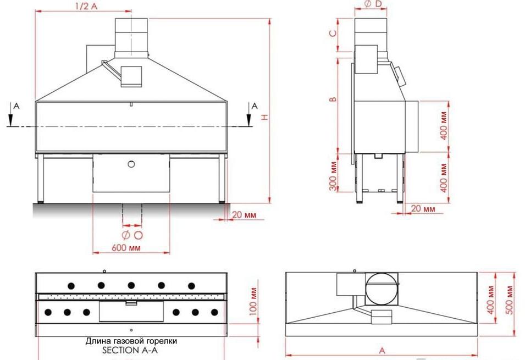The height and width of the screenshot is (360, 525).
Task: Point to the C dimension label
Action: pyautogui.click(x=331, y=34)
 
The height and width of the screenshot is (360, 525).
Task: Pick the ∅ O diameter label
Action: pyautogui.click(x=132, y=235)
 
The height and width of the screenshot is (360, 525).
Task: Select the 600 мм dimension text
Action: pyautogui.click(x=125, y=248)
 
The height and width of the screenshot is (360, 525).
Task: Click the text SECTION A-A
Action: pyautogui.click(x=131, y=350)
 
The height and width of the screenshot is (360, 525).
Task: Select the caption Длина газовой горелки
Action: pyautogui.click(x=131, y=341)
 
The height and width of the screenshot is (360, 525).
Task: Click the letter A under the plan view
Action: pyautogui.click(x=382, y=350)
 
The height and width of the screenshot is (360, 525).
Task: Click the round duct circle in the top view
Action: pyautogui.click(x=381, y=287)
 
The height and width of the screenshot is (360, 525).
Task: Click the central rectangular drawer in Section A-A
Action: pyautogui.click(x=131, y=312)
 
